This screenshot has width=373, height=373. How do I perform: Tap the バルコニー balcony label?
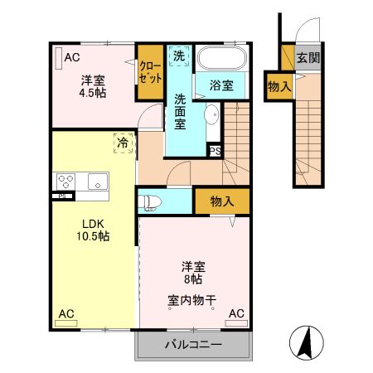tap(192, 345)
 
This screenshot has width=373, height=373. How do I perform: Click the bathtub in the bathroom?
tap(222, 60)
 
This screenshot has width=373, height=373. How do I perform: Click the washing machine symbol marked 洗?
tap(179, 56)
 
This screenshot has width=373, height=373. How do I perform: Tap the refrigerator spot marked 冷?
tap(123, 143)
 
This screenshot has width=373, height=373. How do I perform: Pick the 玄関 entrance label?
tap(308, 59)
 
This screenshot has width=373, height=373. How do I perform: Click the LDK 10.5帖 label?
tap(94, 229)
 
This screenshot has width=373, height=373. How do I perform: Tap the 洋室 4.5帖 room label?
tap(92, 87)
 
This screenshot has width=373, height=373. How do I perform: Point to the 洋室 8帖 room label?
tap(193, 273)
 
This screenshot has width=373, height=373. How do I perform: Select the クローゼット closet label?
tap(150, 71)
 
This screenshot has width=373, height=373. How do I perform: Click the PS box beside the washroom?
tap(215, 151)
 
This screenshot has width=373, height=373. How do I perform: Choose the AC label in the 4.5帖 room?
tap(71, 57)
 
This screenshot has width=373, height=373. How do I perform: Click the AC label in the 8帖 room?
tap(236, 313)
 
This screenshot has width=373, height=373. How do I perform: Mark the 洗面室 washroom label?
tap(180, 111)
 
